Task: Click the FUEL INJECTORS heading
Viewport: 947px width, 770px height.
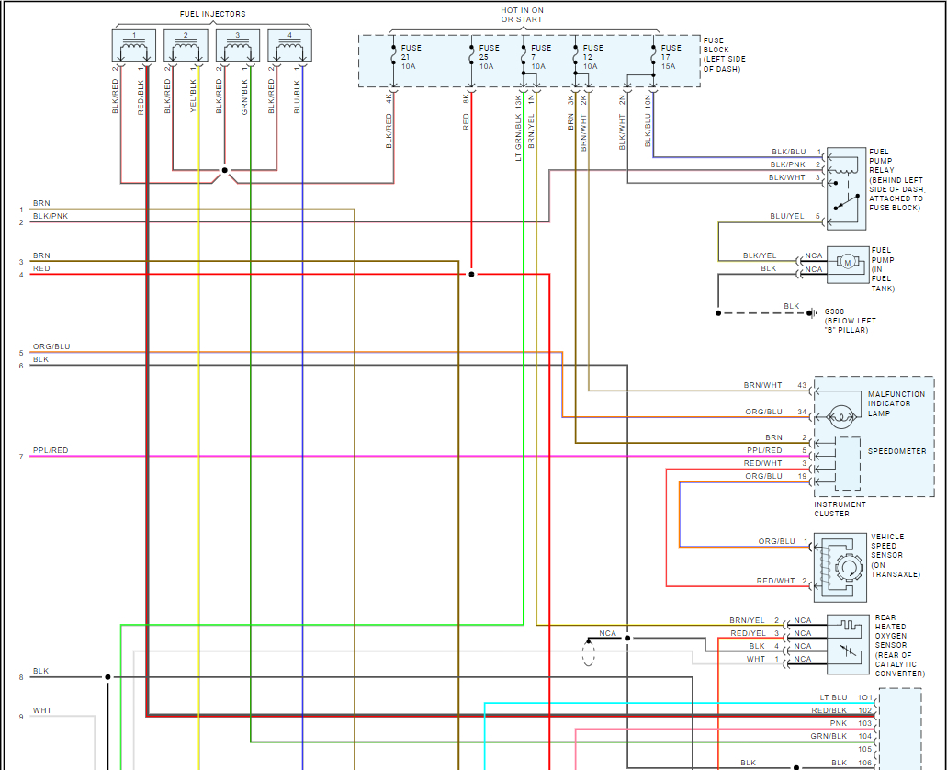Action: click(213, 14)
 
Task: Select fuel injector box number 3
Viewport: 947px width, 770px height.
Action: click(237, 47)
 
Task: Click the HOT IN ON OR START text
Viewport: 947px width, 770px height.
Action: click(521, 14)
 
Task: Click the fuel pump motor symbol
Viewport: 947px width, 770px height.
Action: click(847, 264)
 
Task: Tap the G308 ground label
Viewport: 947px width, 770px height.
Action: click(835, 311)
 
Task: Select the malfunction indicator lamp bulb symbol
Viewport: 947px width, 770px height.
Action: click(840, 415)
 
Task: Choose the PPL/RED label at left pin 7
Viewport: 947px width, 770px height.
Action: click(51, 451)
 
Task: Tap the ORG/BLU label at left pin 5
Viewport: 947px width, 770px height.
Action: click(51, 346)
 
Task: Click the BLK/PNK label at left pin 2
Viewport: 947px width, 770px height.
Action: click(51, 216)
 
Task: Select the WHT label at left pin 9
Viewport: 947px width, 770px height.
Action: click(42, 710)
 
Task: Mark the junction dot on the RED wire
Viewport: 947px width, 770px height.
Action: click(471, 274)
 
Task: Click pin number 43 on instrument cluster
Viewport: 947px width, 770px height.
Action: click(801, 385)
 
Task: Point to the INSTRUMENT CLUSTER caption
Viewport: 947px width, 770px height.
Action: click(840, 509)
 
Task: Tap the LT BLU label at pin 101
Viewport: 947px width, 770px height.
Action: click(834, 697)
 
